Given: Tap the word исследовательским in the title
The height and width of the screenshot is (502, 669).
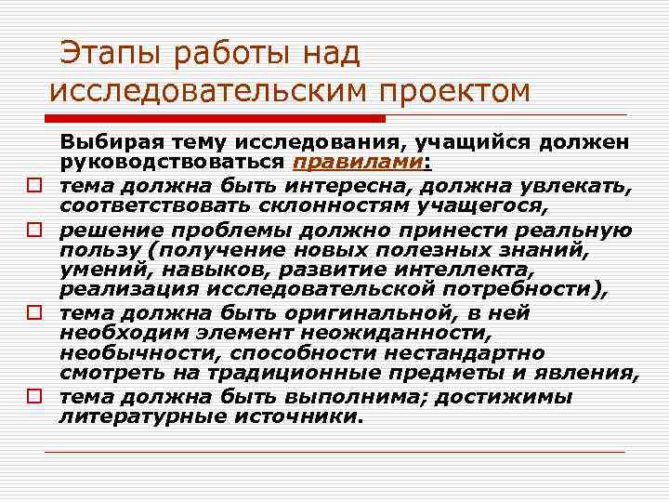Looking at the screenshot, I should (205, 92).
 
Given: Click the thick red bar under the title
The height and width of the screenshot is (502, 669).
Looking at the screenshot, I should (214, 119).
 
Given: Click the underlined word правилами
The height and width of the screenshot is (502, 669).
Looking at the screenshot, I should (359, 163).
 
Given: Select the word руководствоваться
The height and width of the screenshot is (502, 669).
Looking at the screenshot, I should (173, 163).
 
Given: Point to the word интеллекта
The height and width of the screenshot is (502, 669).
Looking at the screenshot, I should (469, 270).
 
